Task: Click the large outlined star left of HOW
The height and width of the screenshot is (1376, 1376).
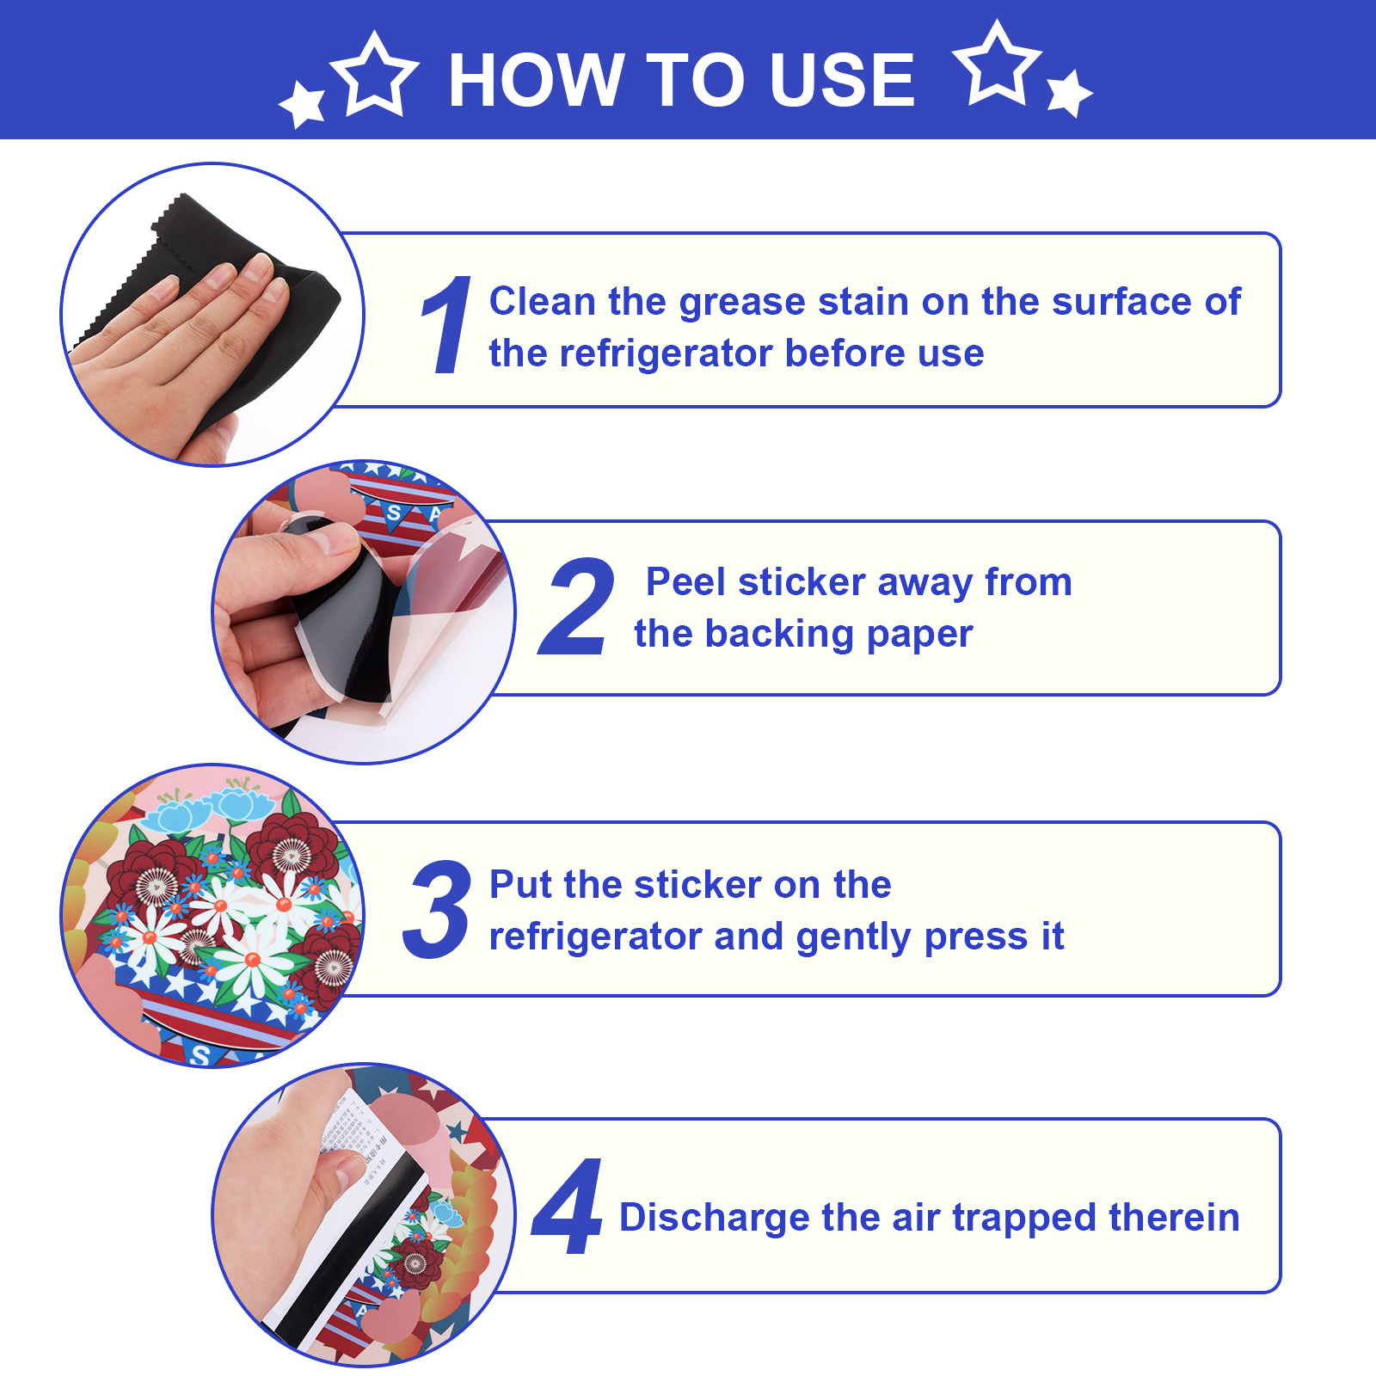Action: pyautogui.click(x=375, y=74)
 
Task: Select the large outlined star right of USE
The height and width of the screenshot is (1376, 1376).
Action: pyautogui.click(x=998, y=64)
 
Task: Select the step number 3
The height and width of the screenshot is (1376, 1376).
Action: pyautogui.click(x=437, y=909)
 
